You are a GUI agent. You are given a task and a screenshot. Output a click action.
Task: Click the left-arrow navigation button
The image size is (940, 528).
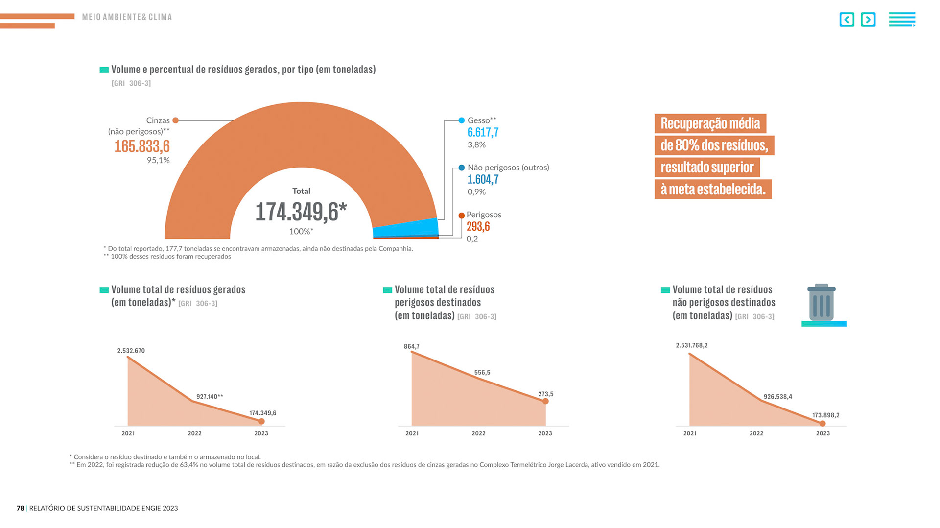coord(846,20)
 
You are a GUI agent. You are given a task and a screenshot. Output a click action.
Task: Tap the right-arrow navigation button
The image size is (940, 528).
coord(868,20)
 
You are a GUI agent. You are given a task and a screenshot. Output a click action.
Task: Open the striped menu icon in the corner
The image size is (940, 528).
coord(902,20)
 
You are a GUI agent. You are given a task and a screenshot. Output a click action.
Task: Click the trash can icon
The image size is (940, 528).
coord(822,303)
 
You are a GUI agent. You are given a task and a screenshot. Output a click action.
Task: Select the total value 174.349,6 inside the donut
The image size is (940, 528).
coord(301,212)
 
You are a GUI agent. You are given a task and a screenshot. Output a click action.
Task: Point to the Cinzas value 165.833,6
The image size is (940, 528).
coord(142,146)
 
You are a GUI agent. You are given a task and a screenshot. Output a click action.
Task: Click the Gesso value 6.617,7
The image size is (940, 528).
coord(483,132)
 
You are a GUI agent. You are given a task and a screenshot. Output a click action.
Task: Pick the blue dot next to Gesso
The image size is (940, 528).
coord(461,120)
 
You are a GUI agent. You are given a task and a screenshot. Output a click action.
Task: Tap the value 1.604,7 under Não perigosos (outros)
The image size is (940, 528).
coord(483,179)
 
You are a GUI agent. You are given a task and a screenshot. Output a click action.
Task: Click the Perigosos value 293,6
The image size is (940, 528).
coord(478,226)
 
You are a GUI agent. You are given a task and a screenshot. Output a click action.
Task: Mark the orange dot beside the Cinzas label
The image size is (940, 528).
coord(175,120)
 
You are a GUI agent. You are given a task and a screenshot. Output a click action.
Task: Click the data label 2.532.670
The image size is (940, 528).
coord(131,351)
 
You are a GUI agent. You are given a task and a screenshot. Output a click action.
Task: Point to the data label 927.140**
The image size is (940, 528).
coord(210,397)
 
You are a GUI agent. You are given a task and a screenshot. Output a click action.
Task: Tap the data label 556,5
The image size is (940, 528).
coord(482,373)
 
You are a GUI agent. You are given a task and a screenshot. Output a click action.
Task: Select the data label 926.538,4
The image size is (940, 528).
coord(777,397)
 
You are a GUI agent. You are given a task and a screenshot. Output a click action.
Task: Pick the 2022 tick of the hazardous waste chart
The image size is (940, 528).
coord(478,433)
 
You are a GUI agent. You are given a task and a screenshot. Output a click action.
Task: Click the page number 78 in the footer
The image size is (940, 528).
coord(20,508)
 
